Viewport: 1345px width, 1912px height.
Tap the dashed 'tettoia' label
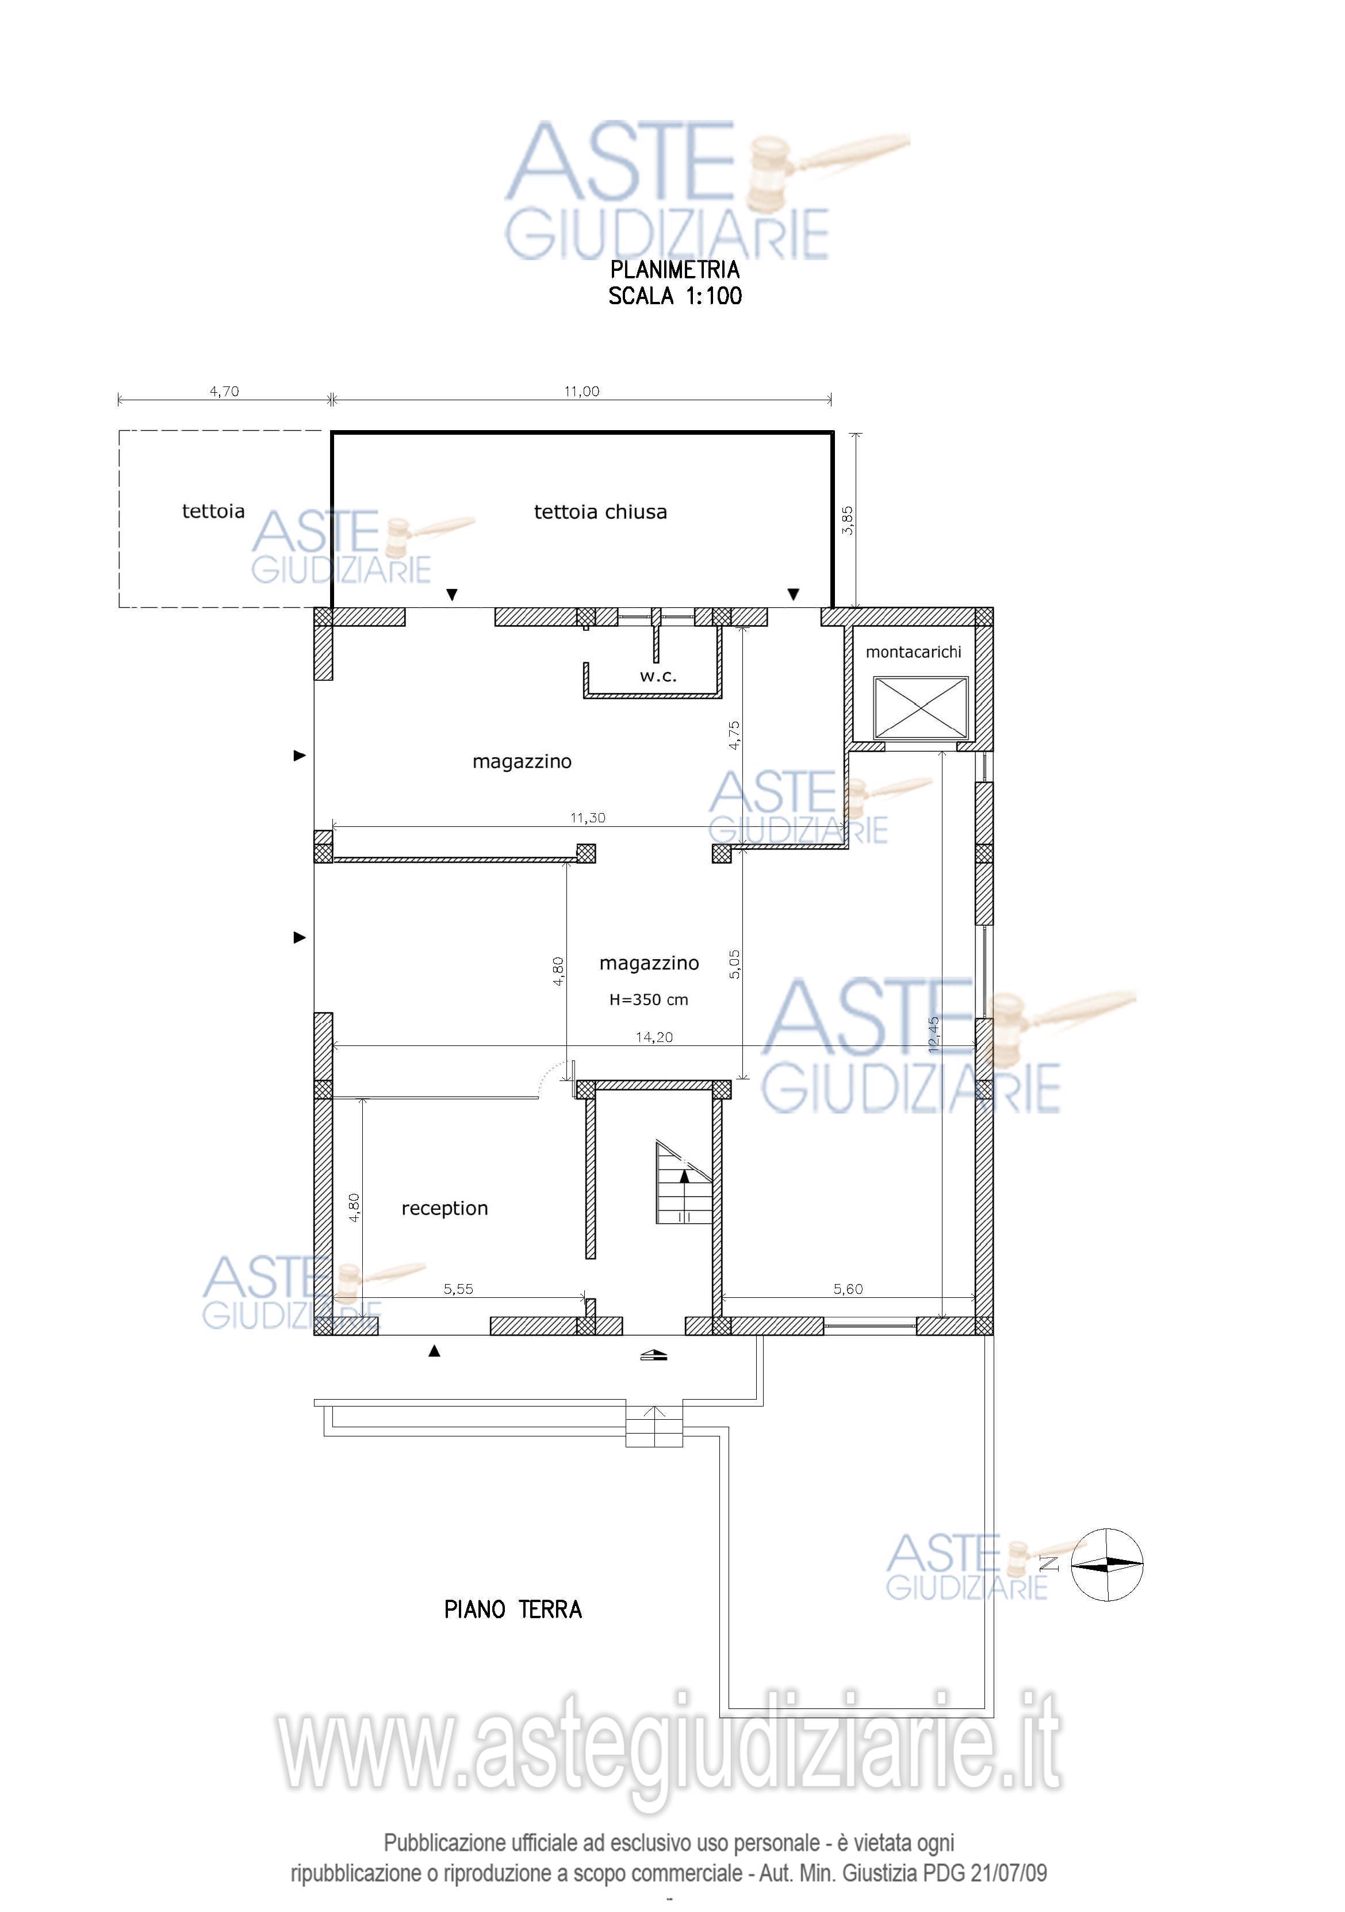click(213, 511)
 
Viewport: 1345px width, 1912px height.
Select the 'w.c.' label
click(658, 676)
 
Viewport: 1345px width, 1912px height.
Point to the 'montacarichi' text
click(914, 652)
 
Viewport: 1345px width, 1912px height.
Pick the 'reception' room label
click(444, 1208)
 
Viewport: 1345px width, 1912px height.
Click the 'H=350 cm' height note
click(649, 999)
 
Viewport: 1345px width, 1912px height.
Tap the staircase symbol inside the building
click(684, 1182)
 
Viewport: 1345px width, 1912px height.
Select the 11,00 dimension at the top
click(581, 392)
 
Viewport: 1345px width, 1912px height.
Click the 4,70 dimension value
click(224, 392)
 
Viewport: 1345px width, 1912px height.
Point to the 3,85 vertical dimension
click(848, 520)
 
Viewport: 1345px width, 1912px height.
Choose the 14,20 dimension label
click(654, 1037)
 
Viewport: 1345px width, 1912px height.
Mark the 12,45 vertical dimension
click(934, 1034)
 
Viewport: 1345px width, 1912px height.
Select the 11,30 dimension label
click(588, 818)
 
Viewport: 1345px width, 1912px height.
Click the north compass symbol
click(1106, 1565)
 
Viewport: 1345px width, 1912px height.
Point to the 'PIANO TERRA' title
click(513, 1610)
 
